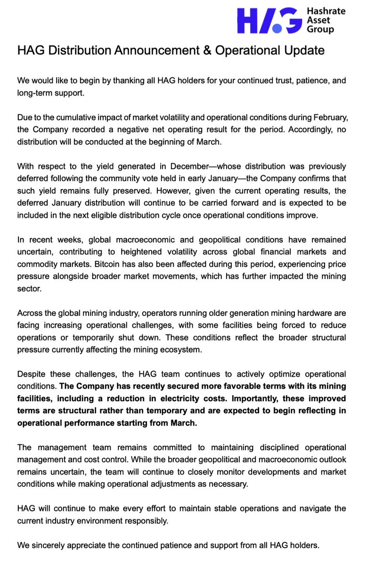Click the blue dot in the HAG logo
[x=277, y=29]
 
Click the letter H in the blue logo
[x=248, y=20]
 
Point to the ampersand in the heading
[x=206, y=50]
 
